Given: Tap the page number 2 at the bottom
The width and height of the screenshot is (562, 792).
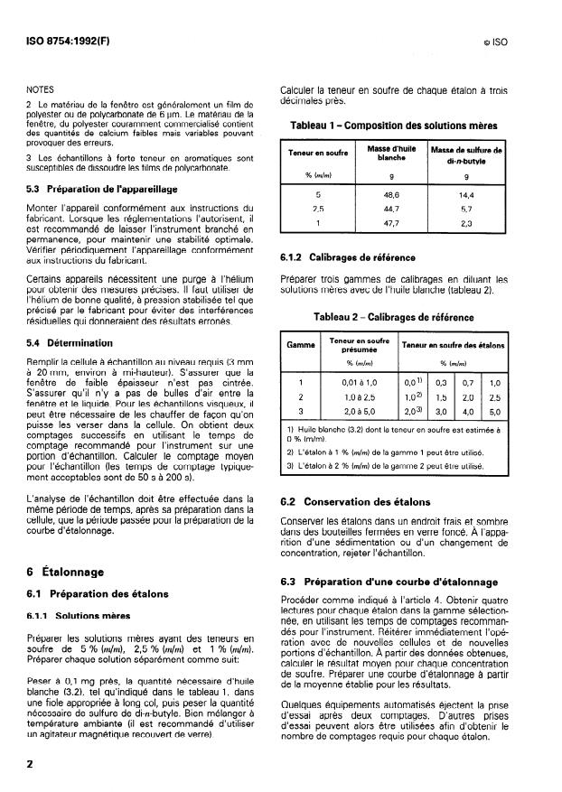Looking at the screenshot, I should click(x=31, y=764).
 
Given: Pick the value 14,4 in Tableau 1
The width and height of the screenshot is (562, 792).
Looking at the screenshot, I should click(x=466, y=194).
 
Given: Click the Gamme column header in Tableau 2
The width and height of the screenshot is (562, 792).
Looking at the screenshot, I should click(x=301, y=346).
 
